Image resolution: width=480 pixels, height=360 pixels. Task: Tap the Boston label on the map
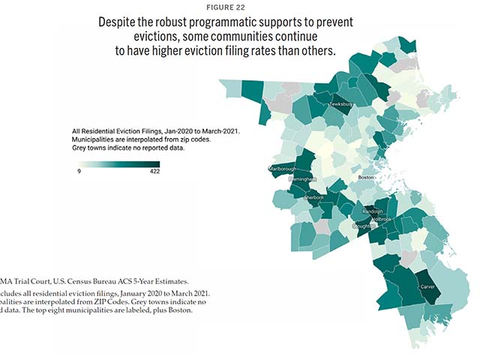(x=366, y=177)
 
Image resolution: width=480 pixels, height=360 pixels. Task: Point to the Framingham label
(x=301, y=180)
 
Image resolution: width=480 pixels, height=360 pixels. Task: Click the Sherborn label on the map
(x=313, y=197)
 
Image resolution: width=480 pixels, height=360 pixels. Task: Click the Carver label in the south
(x=428, y=286)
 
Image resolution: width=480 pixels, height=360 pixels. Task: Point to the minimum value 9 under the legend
(x=79, y=172)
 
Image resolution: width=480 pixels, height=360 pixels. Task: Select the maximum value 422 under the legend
(x=154, y=172)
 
